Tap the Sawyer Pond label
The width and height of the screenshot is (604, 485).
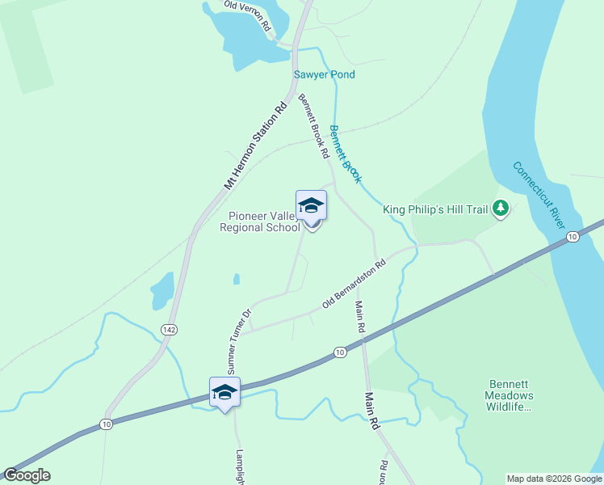point(324,75)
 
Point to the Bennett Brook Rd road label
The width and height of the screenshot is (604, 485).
point(313,125)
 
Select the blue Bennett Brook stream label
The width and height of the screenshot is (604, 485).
point(345,154)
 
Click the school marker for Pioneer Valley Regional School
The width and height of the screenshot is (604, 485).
point(311,207)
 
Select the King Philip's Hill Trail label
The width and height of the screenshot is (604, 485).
point(435,209)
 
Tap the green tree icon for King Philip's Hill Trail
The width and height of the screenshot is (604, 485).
point(501,209)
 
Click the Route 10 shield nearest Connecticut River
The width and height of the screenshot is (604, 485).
point(572,237)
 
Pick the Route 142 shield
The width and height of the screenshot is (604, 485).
point(168,330)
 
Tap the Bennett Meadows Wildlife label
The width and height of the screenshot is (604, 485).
point(509,396)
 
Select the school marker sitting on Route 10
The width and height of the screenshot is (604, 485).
point(224,393)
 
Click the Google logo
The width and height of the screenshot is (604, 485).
point(27,475)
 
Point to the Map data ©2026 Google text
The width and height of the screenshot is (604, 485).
point(554,479)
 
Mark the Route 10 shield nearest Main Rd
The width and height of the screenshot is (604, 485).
point(341,352)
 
